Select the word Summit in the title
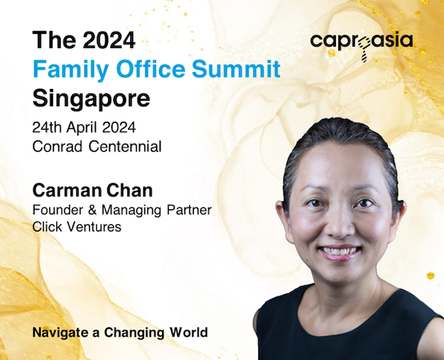click(x=236, y=69)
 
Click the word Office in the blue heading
click(x=151, y=69)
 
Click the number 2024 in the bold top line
click(x=110, y=40)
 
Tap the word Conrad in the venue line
click(x=57, y=147)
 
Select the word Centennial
click(x=125, y=147)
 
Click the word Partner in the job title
click(x=189, y=210)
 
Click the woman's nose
click(x=340, y=224)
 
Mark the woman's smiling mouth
click(x=340, y=252)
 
